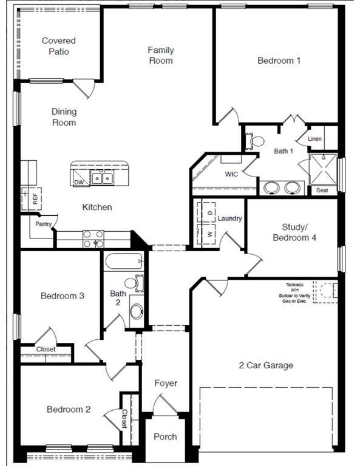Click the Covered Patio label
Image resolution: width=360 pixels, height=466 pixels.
point(58,46)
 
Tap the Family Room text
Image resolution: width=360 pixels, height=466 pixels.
point(160,55)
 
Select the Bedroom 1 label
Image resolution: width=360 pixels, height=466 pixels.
point(279,61)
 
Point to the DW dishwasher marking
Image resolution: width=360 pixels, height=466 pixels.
point(79,182)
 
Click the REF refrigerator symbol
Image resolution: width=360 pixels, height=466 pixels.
point(31,199)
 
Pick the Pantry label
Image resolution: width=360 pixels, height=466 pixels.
point(43,224)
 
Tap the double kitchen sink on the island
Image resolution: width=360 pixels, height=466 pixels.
point(102,178)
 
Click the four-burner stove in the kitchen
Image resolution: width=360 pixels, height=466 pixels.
point(93,239)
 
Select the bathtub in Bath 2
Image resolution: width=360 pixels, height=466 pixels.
point(124,262)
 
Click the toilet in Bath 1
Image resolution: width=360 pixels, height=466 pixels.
point(255,141)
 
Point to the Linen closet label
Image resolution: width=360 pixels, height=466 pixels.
point(314,139)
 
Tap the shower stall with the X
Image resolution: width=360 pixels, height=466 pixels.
point(323,169)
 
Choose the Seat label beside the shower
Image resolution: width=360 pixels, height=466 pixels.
point(322,190)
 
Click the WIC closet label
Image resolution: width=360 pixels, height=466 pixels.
point(231,174)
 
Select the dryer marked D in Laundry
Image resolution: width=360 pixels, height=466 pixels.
point(206,212)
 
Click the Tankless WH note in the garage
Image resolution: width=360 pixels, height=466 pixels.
point(294,293)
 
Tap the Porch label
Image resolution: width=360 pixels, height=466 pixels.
point(165,437)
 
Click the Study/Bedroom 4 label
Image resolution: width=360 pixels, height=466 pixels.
point(294,232)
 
